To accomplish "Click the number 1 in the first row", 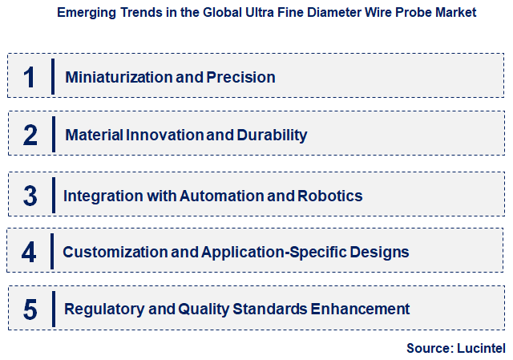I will click(30, 77).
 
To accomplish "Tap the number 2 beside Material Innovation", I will click(30, 134).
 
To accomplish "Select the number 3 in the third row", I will click(30, 195).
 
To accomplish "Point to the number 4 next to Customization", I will click(30, 252).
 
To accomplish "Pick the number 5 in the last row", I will click(30, 309).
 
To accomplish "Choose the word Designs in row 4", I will click(381, 253).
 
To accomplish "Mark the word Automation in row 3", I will click(220, 196).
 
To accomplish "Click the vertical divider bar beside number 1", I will click(52, 76).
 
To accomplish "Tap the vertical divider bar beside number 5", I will click(52, 308).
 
